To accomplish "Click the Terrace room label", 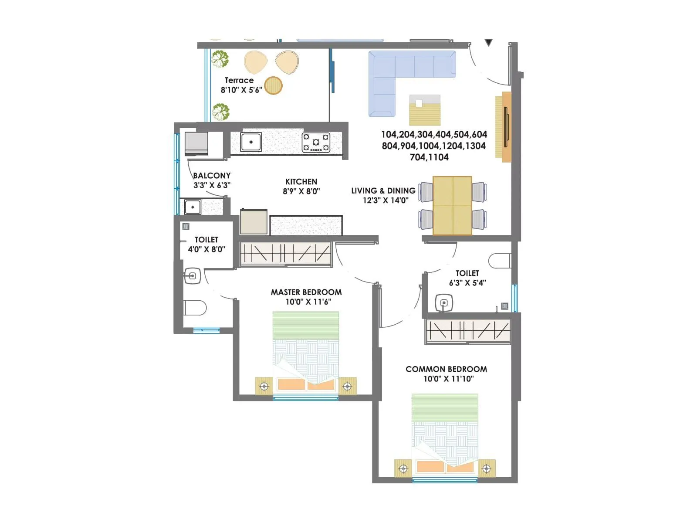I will [x=239, y=80].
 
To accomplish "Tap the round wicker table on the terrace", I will [x=273, y=85].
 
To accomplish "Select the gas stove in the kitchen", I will [x=316, y=143].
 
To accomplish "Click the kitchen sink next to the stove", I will [x=251, y=142].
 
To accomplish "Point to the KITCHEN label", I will [x=301, y=182].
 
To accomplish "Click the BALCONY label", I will [x=212, y=176].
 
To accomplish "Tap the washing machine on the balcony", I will [x=196, y=143].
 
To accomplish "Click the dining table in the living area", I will [x=452, y=205].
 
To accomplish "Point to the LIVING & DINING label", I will [x=383, y=191].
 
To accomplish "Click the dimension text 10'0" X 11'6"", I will [x=308, y=302].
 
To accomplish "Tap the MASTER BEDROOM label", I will [x=306, y=292].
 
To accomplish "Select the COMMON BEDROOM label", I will [x=446, y=369].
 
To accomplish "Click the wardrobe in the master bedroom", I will [x=286, y=253].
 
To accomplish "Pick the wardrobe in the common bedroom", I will [x=467, y=330].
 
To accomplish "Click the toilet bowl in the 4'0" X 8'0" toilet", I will [x=195, y=308].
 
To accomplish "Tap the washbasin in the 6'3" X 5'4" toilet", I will [x=444, y=302].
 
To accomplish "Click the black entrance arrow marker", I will [x=489, y=43].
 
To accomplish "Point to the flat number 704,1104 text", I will [x=429, y=157].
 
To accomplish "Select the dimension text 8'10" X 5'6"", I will [x=241, y=90].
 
